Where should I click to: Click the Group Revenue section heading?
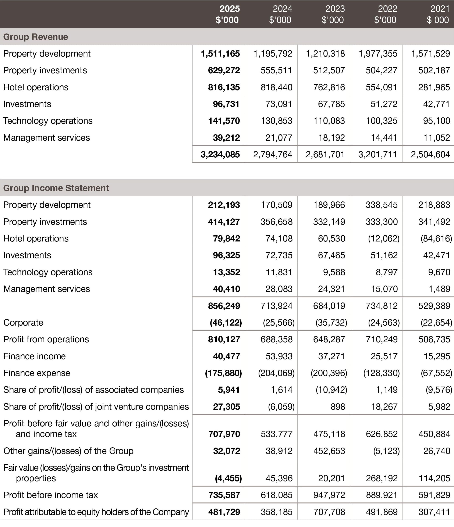click(36, 37)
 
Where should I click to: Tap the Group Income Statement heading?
click(56, 188)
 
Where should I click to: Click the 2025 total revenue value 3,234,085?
click(220, 154)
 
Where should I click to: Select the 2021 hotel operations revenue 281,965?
click(434, 87)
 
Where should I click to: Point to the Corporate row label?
click(23, 323)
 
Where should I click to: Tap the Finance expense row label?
click(37, 373)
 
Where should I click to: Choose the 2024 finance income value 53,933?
click(279, 356)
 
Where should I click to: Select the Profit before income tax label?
click(50, 495)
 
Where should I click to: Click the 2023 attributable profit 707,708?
click(329, 512)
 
